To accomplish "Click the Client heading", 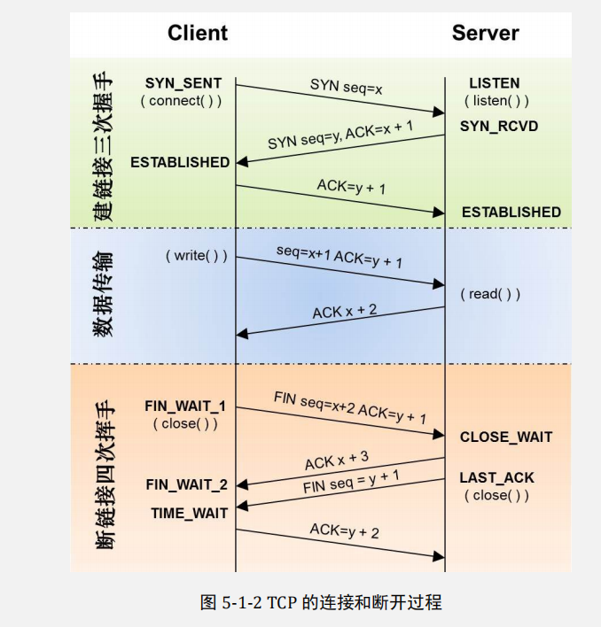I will (198, 34).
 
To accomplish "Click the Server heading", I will (485, 34).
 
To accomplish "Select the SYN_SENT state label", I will (183, 83).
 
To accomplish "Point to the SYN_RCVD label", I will (499, 127).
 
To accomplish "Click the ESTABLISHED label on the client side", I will (180, 162).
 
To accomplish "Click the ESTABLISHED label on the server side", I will (511, 212).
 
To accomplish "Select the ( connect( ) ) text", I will (181, 101).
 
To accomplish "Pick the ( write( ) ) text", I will (196, 256).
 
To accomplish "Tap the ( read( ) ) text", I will (490, 294).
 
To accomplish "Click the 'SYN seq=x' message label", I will (346, 86).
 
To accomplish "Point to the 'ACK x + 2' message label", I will (344, 311).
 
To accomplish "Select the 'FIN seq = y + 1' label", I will (351, 482).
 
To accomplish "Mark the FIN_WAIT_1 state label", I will (185, 406).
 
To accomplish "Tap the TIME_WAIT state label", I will (189, 513).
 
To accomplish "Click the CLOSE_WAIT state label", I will (506, 437).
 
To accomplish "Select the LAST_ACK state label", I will (497, 477).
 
